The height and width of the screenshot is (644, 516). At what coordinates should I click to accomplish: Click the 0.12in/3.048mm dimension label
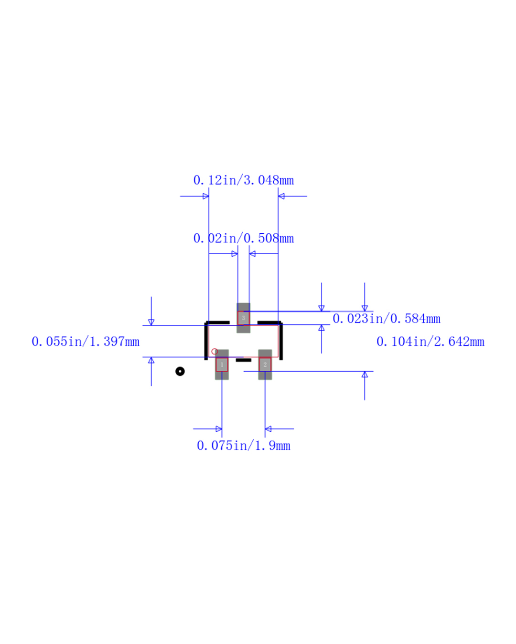pyautogui.click(x=243, y=180)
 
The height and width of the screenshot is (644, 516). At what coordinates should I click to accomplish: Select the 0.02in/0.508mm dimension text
pyautogui.click(x=243, y=238)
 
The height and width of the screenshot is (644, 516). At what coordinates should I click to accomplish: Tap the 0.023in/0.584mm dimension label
pyautogui.click(x=386, y=318)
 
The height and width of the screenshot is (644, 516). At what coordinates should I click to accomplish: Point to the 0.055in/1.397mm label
pyautogui.click(x=86, y=342)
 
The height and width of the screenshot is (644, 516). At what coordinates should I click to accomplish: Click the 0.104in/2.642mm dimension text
pyautogui.click(x=430, y=342)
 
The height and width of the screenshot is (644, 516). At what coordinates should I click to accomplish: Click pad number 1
pyautogui.click(x=222, y=364)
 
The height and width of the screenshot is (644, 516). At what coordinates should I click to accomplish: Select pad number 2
pyautogui.click(x=265, y=364)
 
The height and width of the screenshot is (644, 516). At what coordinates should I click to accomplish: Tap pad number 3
pyautogui.click(x=243, y=318)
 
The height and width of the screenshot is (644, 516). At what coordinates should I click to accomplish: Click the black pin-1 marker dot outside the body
pyautogui.click(x=180, y=372)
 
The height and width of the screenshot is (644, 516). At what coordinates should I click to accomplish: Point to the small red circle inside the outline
pyautogui.click(x=215, y=351)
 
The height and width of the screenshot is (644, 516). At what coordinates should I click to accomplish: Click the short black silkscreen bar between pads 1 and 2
pyautogui.click(x=243, y=360)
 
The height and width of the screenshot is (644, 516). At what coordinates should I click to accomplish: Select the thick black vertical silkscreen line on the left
pyautogui.click(x=206, y=341)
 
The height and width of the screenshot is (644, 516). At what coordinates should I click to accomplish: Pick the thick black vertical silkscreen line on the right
pyautogui.click(x=281, y=341)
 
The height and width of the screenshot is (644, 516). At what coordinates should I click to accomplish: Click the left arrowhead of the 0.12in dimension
pyautogui.click(x=205, y=196)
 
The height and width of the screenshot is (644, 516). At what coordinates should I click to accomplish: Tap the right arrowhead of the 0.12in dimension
pyautogui.click(x=281, y=196)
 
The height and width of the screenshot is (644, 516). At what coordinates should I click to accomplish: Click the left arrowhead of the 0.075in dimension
pyautogui.click(x=219, y=429)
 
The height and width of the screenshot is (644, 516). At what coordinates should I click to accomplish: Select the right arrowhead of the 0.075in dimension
pyautogui.click(x=268, y=429)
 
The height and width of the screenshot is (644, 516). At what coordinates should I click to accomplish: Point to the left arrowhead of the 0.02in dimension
pyautogui.click(x=235, y=254)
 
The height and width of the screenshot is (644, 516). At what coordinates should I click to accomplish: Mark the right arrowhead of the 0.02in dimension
pyautogui.click(x=252, y=254)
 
